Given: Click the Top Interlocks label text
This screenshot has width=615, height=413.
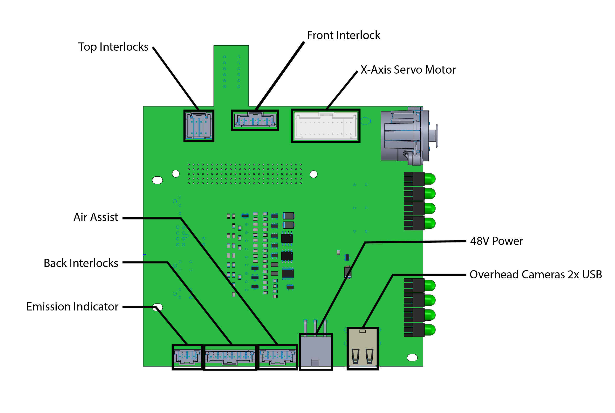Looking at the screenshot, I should click(113, 47).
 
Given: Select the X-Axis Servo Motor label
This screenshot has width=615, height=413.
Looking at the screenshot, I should click(408, 70).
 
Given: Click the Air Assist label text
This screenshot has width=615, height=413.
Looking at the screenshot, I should click(96, 217).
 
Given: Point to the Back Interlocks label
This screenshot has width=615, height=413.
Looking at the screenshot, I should click(81, 263).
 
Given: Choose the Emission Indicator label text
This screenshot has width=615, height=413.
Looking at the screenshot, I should click(72, 307).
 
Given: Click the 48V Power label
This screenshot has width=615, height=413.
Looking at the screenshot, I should click(496, 241).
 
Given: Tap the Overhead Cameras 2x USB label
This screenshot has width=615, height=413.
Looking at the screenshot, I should click(535, 275).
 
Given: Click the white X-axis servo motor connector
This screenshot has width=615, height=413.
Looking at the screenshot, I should click(326, 126).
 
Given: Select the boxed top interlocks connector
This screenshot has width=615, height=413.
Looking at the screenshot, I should click(199, 126).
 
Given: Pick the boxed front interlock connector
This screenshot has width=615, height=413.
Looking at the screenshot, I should click(255, 121).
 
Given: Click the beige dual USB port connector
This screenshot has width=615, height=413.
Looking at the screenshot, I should click(362, 348).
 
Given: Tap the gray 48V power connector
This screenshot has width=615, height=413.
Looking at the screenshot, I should click(316, 352).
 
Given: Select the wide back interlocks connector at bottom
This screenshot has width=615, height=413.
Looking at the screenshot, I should click(230, 357).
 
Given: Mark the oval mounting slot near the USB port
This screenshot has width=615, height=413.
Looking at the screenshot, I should click(412, 358).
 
